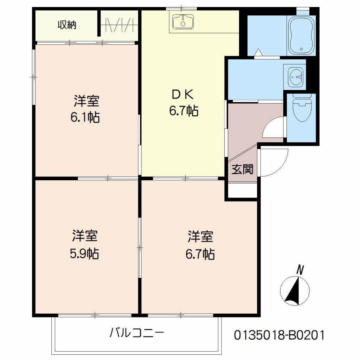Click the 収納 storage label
67,25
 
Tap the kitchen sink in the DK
182,22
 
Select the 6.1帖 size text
85,117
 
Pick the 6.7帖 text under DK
184,111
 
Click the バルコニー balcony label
137,332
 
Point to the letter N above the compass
300,270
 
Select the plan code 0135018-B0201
279,334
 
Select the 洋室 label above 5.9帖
85,236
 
